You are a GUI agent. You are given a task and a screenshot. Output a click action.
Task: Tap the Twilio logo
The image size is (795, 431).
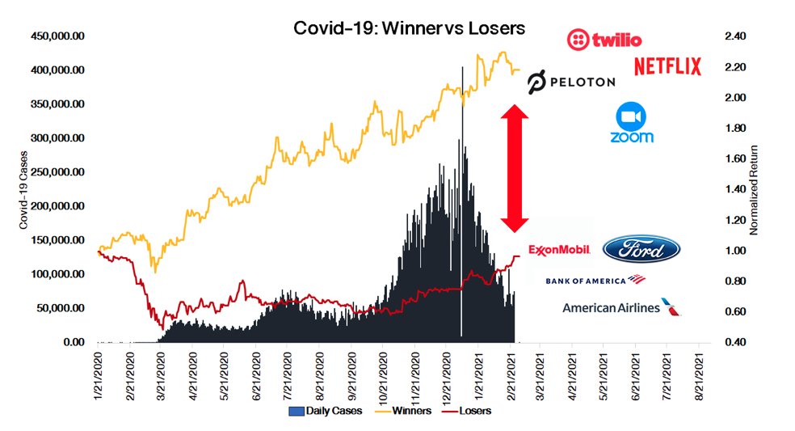604,39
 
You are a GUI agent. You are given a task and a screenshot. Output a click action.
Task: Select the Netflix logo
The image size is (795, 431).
667,66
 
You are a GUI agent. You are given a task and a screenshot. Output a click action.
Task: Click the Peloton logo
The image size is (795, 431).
571,82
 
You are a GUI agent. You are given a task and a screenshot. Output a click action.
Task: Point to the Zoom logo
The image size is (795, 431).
632,123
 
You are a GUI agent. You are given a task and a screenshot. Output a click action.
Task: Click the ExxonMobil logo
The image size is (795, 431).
560,250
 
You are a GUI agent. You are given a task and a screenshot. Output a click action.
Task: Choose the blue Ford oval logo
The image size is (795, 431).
641,250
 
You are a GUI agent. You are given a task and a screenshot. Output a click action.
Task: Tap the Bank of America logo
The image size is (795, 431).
596,281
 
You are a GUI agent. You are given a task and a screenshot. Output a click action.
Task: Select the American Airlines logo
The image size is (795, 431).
621,307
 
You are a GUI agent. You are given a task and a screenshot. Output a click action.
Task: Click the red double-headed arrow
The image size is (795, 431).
515,168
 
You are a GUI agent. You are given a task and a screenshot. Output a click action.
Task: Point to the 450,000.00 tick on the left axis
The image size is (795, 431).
57,36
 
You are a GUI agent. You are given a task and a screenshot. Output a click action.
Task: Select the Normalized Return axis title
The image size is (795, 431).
755,190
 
